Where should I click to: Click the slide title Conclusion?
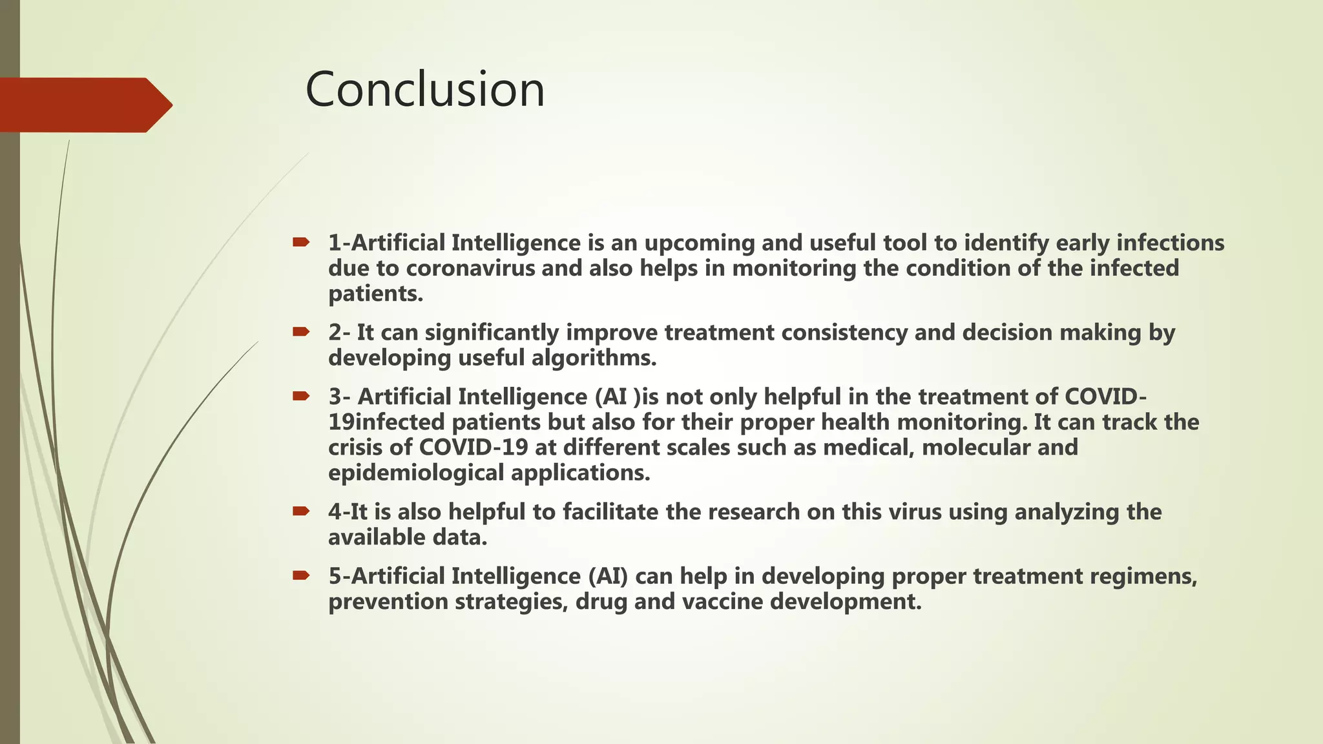pos(425,90)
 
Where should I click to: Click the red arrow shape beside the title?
pos(84,105)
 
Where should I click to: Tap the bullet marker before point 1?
pos(300,242)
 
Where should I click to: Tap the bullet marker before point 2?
pos(300,332)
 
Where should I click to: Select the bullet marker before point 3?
pos(300,396)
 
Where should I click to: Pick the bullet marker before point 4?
pos(300,512)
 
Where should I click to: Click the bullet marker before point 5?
pos(300,575)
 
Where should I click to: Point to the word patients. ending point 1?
pos(375,294)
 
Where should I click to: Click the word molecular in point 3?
pos(976,448)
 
